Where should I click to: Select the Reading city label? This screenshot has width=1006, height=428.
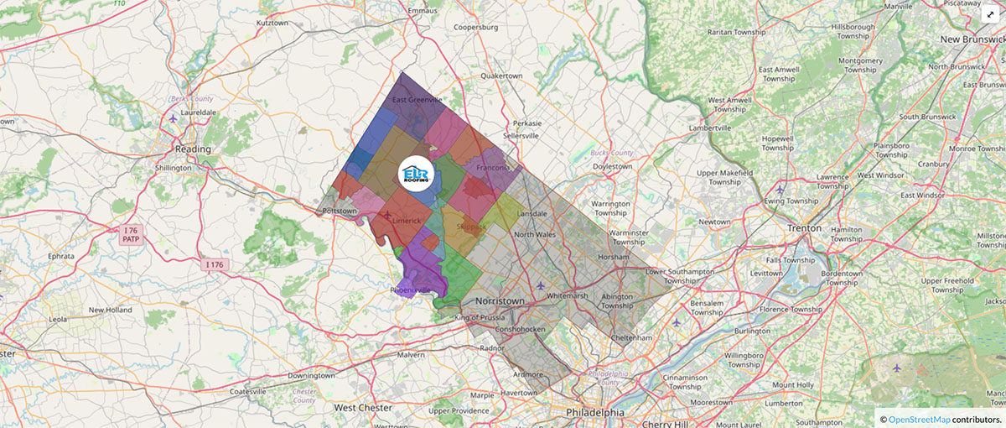tap(193, 149)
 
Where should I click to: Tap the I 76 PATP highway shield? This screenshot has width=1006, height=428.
tap(131, 234)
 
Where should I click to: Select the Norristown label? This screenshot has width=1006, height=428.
tap(500, 300)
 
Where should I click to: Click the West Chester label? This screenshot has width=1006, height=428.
tap(363, 408)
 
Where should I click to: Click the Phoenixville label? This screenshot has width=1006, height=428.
tap(411, 290)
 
